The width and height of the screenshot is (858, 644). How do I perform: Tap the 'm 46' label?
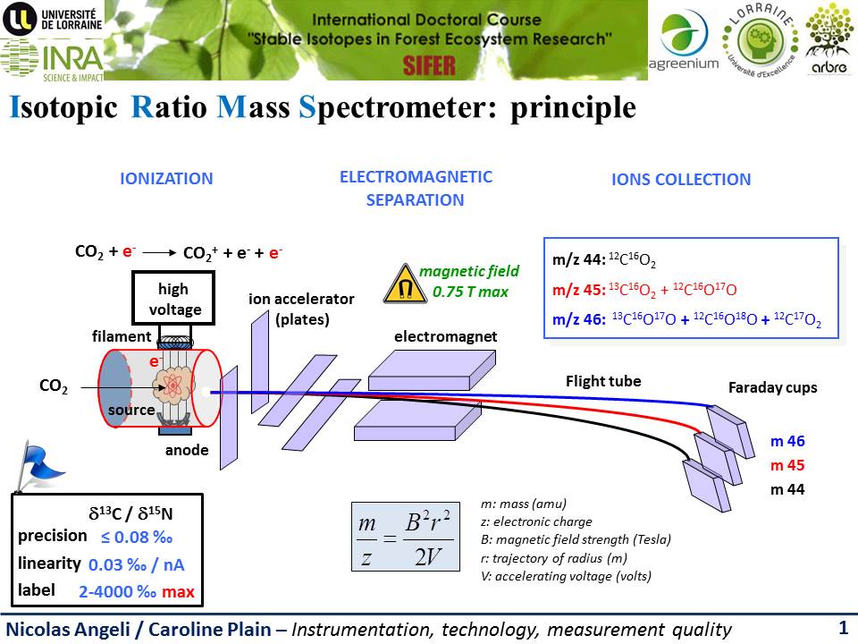coord(788,441)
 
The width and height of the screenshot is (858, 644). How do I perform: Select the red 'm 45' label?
coord(788,465)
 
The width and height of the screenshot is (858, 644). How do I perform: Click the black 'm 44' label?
coord(788,489)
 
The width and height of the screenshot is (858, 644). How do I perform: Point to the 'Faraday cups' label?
coord(773,388)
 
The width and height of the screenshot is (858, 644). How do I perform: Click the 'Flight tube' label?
coord(603,382)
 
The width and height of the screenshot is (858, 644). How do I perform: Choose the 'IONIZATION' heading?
coord(166,179)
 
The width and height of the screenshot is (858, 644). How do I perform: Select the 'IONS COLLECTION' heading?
coord(681,180)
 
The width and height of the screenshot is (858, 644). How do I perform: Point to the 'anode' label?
coord(187,451)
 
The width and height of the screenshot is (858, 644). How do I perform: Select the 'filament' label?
coord(122,336)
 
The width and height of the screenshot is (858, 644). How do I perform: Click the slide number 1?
coord(843,628)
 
